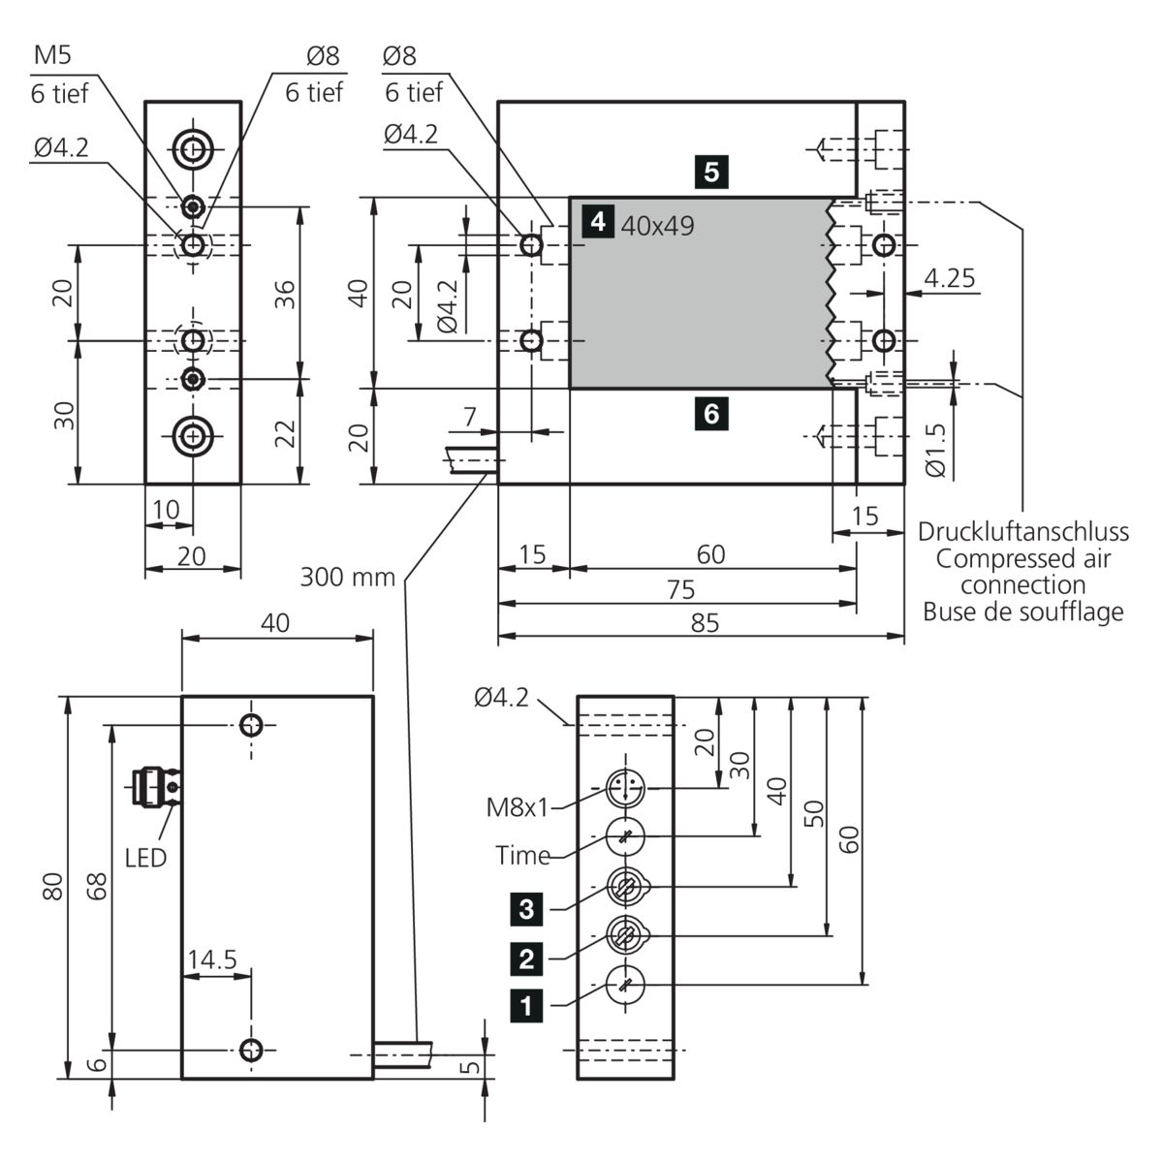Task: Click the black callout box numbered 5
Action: pos(711,173)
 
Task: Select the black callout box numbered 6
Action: pos(711,414)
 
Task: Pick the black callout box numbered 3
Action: pos(526,909)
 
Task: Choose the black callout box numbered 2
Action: pos(526,959)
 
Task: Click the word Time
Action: pos(522,856)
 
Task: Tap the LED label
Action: pos(145,857)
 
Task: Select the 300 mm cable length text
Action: pos(348,578)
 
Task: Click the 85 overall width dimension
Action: pos(706,622)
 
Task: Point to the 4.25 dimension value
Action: pos(949,279)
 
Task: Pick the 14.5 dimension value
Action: pos(212,959)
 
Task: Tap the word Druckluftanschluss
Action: pos(1022,532)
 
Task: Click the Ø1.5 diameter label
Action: pos(934,454)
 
